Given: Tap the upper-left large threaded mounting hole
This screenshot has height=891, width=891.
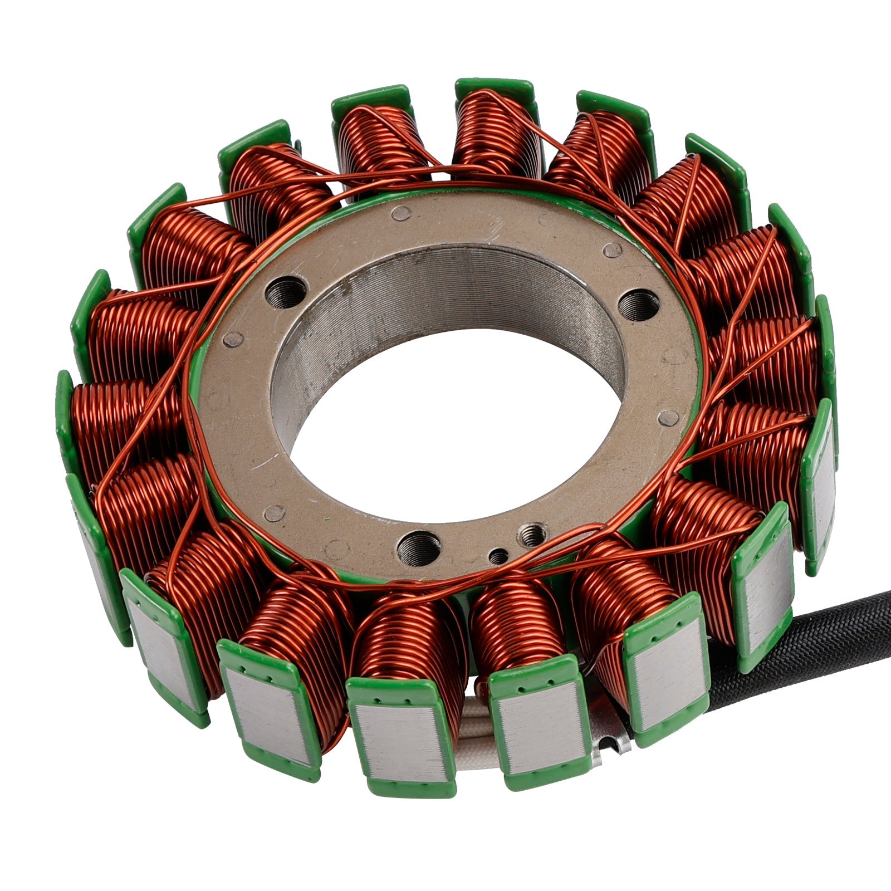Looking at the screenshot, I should tap(286, 291).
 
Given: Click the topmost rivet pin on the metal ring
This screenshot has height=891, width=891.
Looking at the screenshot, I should tap(400, 213).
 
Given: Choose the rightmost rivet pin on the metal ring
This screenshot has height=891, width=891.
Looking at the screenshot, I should tap(668, 418).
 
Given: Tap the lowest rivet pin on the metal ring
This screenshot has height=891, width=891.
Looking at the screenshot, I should tap(274, 513).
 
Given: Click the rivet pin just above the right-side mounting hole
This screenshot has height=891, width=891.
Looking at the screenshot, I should tap(613, 250).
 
